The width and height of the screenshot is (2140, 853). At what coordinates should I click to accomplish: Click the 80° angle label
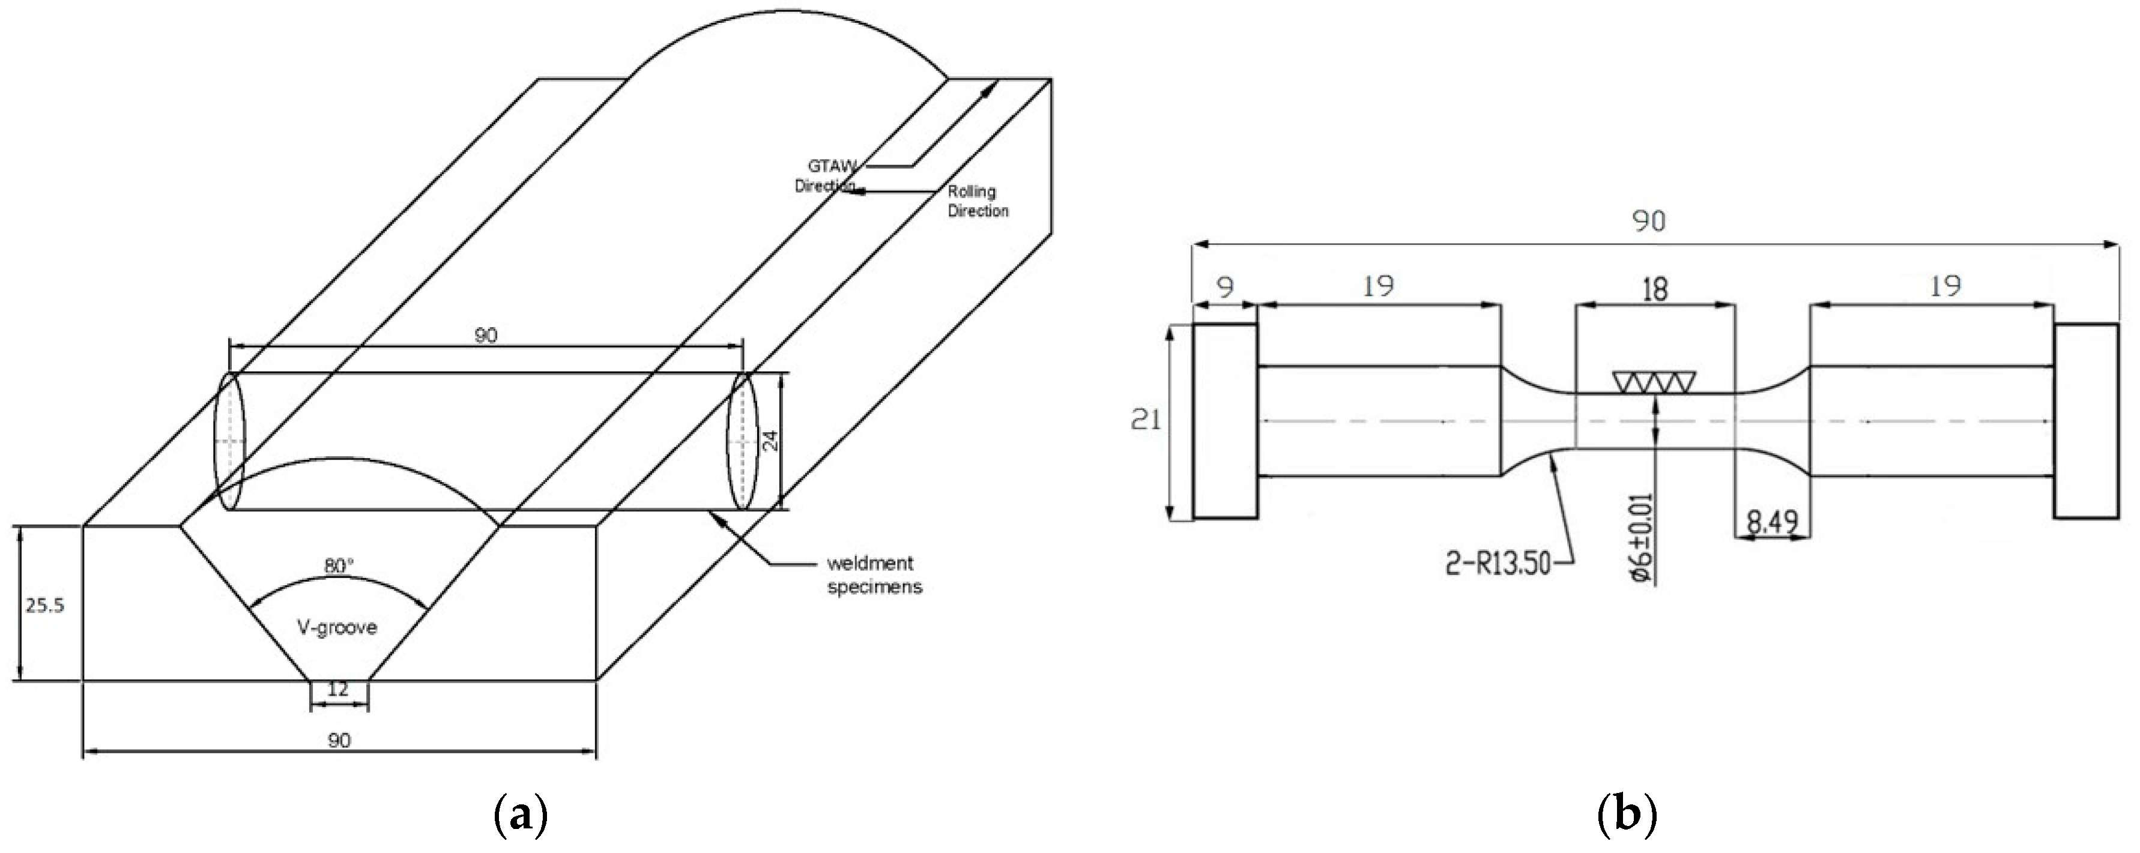(338, 565)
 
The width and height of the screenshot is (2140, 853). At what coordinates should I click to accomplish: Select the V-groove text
(337, 627)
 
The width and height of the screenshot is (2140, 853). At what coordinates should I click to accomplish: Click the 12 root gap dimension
(338, 689)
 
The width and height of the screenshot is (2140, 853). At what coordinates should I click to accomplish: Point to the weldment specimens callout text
(874, 574)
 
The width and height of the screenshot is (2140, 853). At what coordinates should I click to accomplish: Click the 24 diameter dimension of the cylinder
(770, 440)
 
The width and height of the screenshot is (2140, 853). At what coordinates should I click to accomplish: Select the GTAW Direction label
(826, 175)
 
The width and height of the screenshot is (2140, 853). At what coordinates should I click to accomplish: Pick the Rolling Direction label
(978, 201)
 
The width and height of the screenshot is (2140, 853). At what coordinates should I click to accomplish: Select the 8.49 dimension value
(1772, 522)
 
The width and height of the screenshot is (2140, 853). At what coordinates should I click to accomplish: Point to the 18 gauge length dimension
(1655, 289)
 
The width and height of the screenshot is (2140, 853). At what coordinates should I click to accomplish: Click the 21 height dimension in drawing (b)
(1146, 420)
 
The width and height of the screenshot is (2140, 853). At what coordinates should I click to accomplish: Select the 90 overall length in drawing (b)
(1648, 221)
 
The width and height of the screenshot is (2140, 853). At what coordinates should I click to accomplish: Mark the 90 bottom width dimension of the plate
(339, 740)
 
